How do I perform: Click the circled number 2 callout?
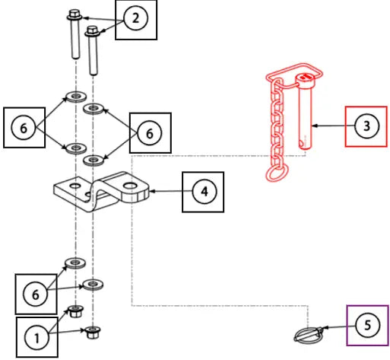pos(135,18)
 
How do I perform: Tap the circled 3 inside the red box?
pos(366,126)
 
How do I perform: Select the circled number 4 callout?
pos(205,191)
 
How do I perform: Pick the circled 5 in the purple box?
pos(367,325)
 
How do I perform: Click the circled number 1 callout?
pos(36,338)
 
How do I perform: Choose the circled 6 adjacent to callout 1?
pos(36,295)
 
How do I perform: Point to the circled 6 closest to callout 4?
pos(150,133)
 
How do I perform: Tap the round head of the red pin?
pos(306,79)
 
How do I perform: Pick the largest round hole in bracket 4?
pos(131,186)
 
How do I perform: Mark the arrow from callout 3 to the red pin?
pos(333,126)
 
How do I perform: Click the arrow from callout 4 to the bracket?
pos(171,191)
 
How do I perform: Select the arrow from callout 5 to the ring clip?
pos(339,327)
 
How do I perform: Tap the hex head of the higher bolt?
pos(75,14)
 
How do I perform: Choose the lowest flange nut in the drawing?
pos(93,333)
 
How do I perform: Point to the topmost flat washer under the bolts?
pos(76,97)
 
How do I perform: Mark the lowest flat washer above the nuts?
pos(93,285)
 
